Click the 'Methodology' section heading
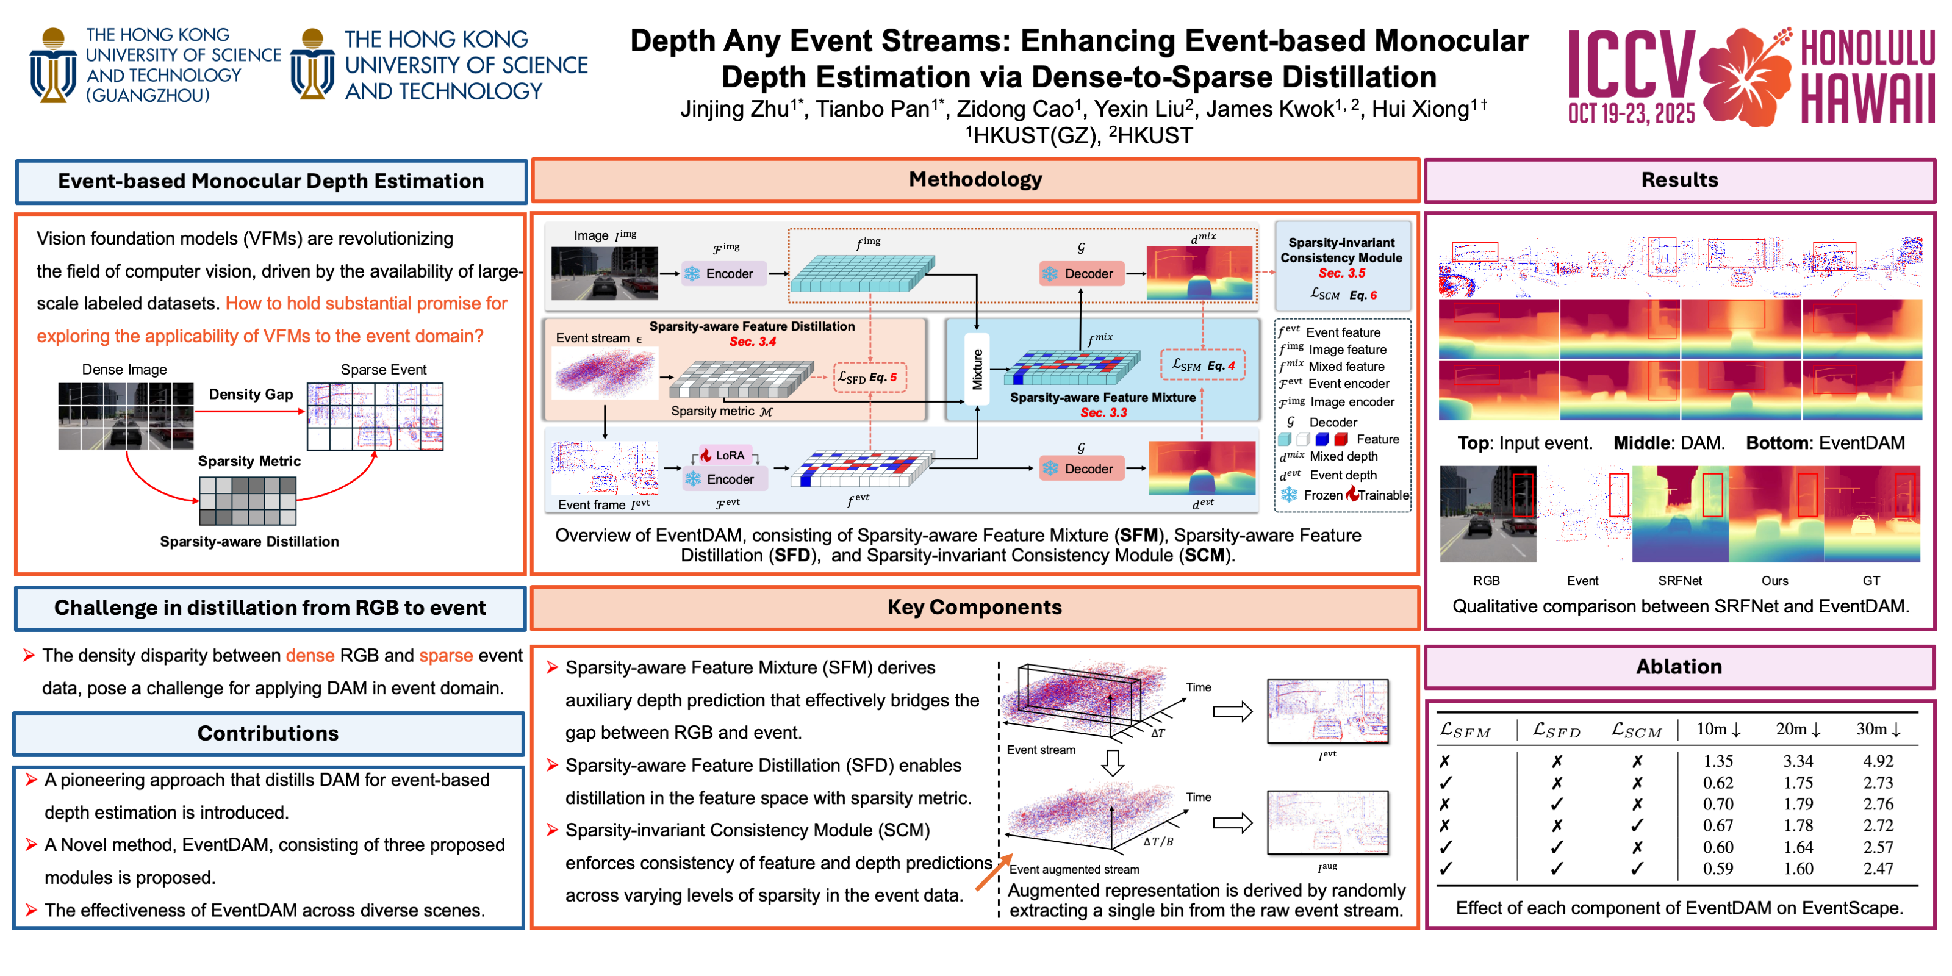pos(975,179)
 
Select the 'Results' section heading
pos(1679,181)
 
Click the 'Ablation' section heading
pos(1679,667)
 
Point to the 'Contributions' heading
pos(268,733)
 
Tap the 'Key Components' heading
pos(975,607)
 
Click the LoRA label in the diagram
pos(729,454)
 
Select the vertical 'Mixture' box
pos(977,369)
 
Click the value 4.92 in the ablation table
pos(1878,761)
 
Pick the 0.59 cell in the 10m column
pos(1718,869)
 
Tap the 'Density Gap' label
pos(251,394)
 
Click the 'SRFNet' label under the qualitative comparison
pos(1679,581)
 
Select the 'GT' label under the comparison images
pos(1871,581)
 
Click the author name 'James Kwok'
pos(1269,110)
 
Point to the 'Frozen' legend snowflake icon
pos(1289,495)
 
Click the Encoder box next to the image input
pos(723,273)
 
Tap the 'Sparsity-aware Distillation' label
pos(249,541)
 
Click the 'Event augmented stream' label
pos(1074,869)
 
